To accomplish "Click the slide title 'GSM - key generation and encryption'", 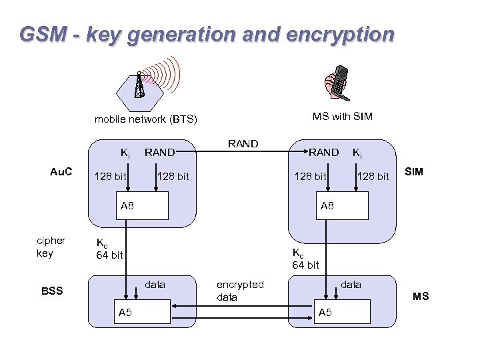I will pos(207,34).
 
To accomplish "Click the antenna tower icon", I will pos(139,85).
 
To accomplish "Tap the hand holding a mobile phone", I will pos(335,84).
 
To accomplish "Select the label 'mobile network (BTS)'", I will pos(146,119).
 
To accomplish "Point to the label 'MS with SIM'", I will pos(342,117).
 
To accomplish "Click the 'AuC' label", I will pos(62,172).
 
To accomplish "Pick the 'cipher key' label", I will pos(51,247).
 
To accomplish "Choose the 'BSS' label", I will pos(52,291).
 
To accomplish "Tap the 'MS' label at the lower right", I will pos(421,296).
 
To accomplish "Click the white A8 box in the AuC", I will pos(143,206).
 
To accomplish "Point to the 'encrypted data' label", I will pos(240,291).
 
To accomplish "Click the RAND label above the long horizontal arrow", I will pos(243,143).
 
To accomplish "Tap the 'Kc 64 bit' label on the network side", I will pos(110,249).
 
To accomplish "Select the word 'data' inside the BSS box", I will pos(155,285).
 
